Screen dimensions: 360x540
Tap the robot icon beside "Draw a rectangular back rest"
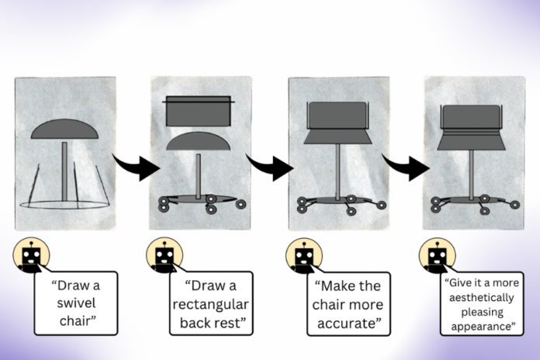[164, 256]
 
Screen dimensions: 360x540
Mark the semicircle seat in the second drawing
[199, 143]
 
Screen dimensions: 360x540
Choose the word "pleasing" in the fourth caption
[480, 313]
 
